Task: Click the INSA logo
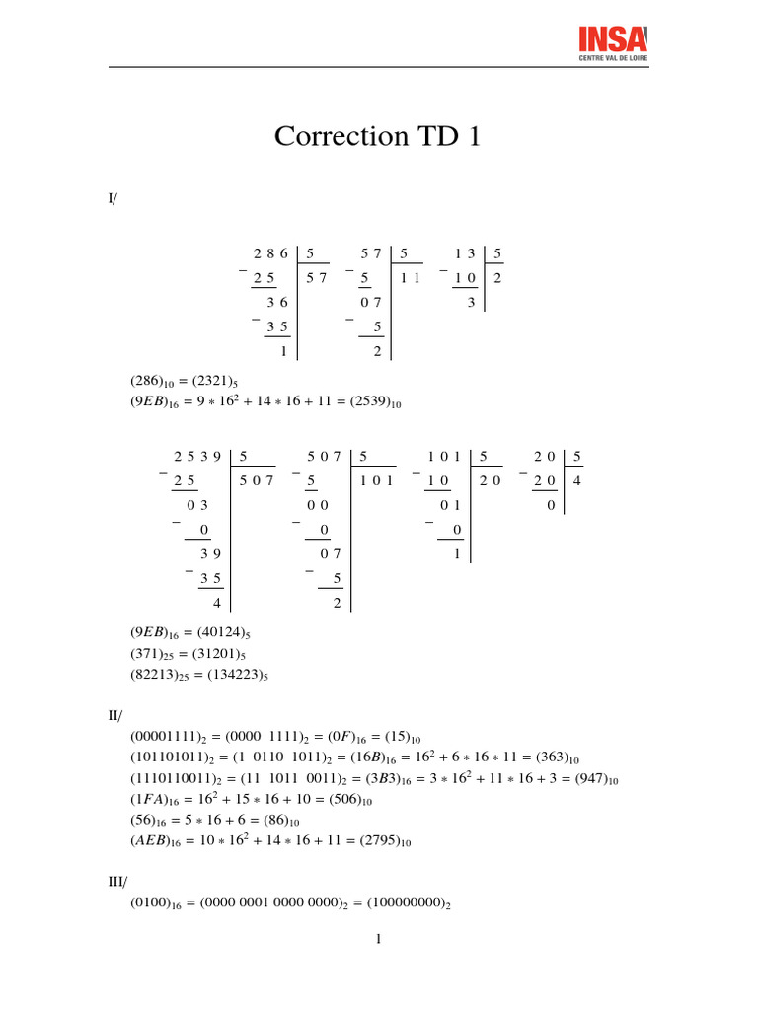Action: pos(612,43)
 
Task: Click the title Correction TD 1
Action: pos(378,136)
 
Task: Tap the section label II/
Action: pos(115,712)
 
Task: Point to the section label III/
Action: pos(118,884)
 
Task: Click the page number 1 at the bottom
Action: pos(378,938)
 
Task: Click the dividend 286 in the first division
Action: pos(269,254)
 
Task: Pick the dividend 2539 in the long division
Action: pos(194,457)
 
